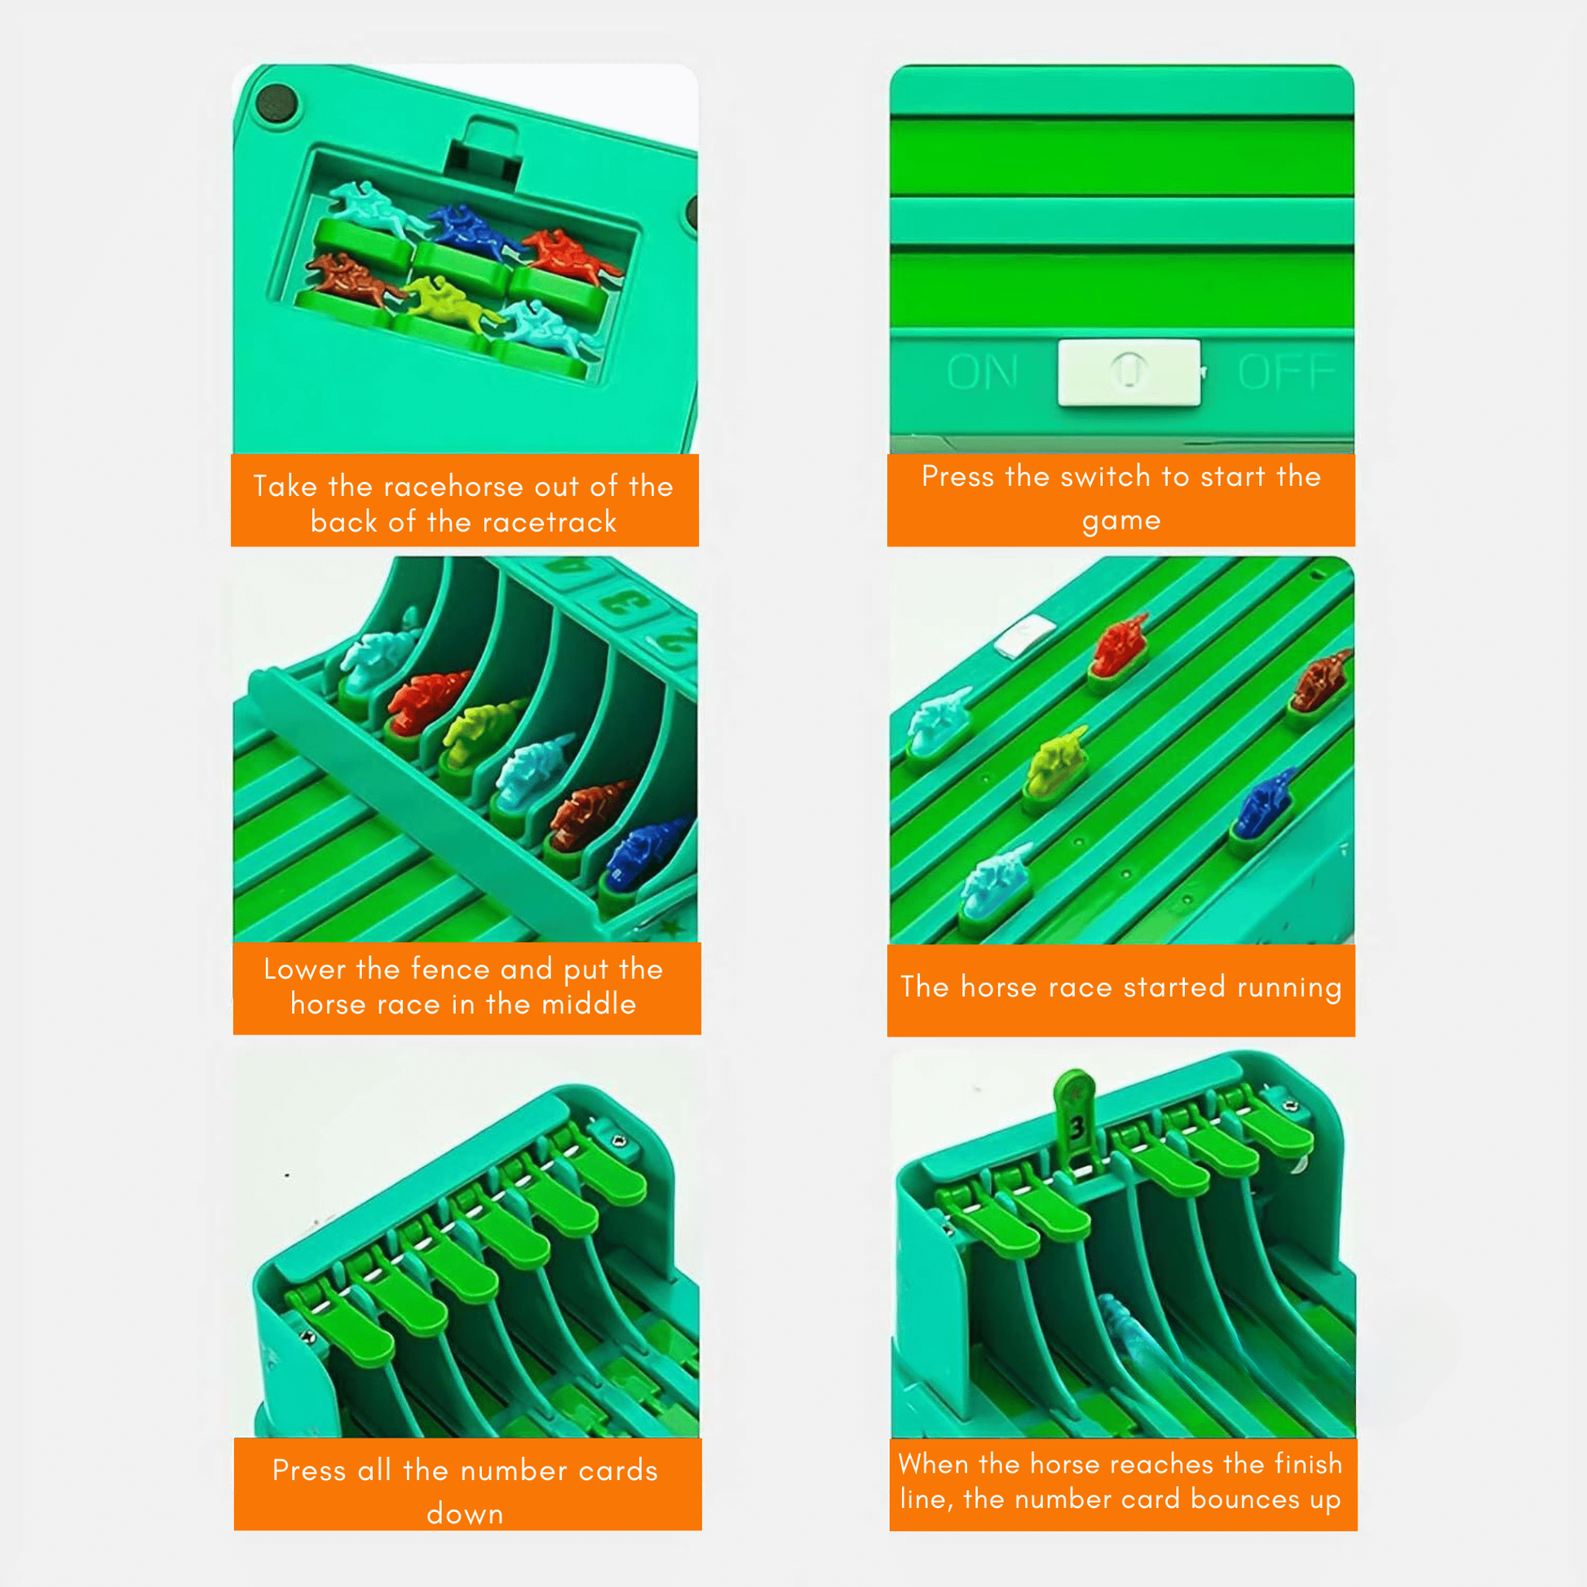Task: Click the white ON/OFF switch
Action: click(x=1129, y=372)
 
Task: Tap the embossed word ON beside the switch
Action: click(x=983, y=372)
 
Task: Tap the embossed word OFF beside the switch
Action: click(x=1286, y=372)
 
